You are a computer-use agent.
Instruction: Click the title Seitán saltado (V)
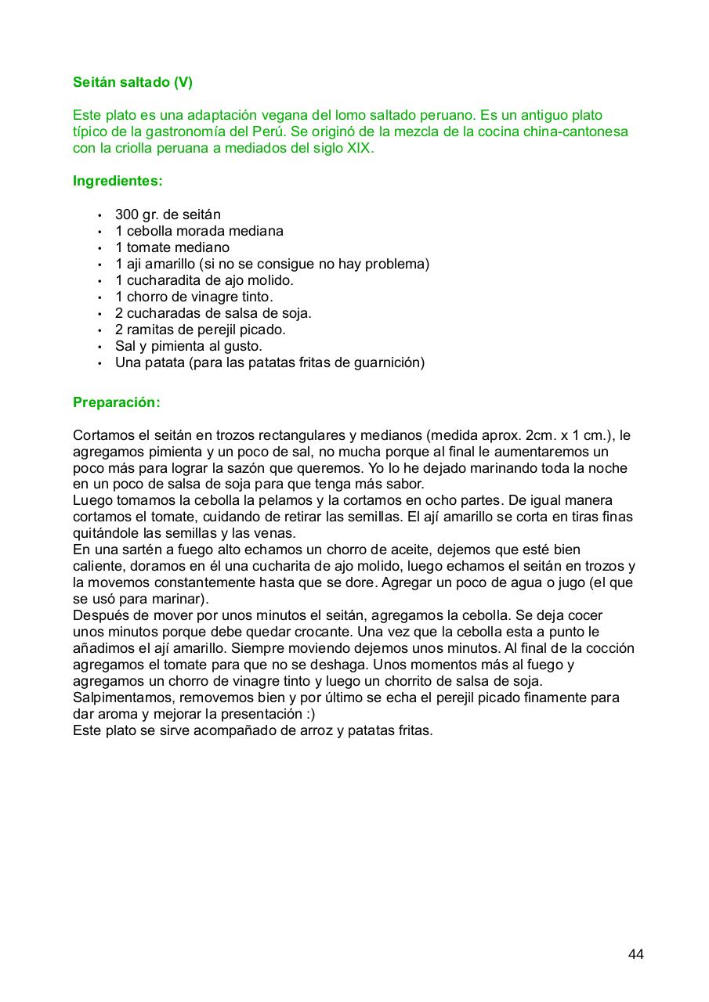132,82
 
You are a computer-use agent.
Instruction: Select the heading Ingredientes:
118,181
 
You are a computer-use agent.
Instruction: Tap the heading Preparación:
116,402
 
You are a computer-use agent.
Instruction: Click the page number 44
635,954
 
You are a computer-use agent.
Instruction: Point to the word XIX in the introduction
360,148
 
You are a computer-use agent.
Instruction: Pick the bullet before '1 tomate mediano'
99,248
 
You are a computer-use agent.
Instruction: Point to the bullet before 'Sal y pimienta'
99,347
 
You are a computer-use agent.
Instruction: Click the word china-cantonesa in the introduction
576,132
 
